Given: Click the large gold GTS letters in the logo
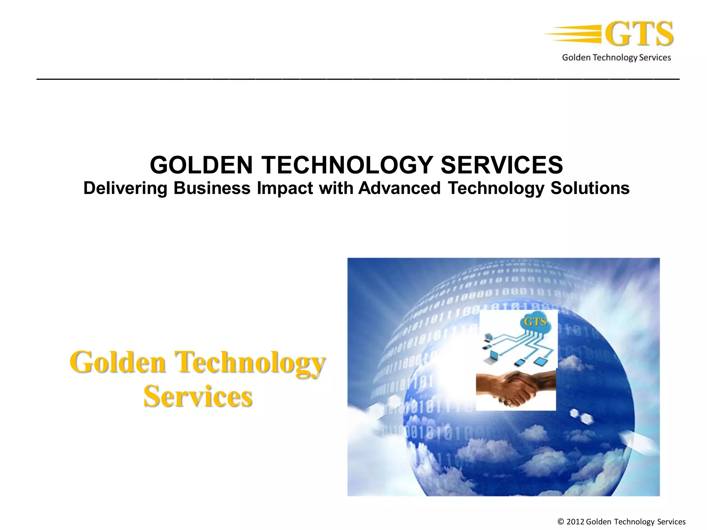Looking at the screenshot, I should [639, 33].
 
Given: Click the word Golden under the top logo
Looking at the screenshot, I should [576, 57].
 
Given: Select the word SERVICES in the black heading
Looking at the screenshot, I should [502, 165].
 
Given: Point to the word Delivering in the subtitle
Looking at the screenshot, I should [125, 188].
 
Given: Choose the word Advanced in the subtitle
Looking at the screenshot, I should [399, 188].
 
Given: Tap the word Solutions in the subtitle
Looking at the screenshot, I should [590, 188].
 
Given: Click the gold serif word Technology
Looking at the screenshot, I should [251, 362].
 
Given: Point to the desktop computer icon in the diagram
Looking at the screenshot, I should [488, 336].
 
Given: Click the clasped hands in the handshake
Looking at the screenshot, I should [516, 388].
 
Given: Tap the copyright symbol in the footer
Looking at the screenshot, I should [561, 522].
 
